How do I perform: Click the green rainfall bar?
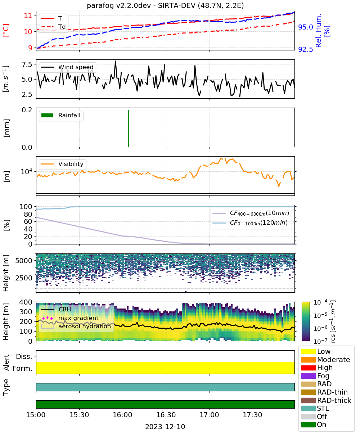[x=129, y=128]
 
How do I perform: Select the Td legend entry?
[x=53, y=27]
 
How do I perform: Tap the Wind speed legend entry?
[x=67, y=67]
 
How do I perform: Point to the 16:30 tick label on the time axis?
[x=166, y=415]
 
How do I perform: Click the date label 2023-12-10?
[x=165, y=427]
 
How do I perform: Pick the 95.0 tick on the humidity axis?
[x=305, y=27]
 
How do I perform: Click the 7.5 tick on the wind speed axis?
[x=27, y=64]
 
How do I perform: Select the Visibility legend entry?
[x=62, y=164]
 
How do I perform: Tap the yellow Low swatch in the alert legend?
[x=308, y=351]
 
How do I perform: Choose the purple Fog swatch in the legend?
[x=308, y=376]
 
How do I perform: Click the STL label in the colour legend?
[x=323, y=408]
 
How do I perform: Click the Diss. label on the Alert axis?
[x=24, y=356]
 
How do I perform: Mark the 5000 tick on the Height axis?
[x=24, y=261]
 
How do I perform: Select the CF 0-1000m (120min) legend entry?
[x=250, y=223]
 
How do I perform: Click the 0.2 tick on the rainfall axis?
[x=27, y=110]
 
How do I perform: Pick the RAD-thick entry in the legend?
[x=326, y=400]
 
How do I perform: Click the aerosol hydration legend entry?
[x=76, y=326]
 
